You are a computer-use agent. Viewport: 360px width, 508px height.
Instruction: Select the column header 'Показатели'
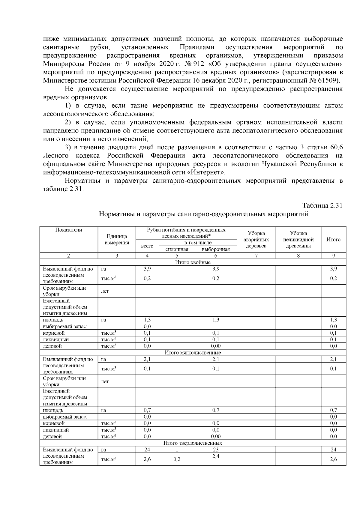pyautogui.click(x=69, y=230)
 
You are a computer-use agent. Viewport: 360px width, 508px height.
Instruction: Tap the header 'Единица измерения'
pyautogui.click(x=117, y=240)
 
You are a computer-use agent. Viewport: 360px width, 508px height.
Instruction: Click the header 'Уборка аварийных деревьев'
pyautogui.click(x=256, y=240)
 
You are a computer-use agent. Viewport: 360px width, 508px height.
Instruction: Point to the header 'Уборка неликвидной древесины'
pyautogui.click(x=298, y=240)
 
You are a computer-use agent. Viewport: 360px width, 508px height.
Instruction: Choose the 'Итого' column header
pyautogui.click(x=333, y=240)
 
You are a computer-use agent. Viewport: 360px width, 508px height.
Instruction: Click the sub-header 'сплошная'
pyautogui.click(x=177, y=249)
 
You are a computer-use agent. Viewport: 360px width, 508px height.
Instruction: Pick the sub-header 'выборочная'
pyautogui.click(x=216, y=249)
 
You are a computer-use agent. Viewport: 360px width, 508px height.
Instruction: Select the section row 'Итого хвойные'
pyautogui.click(x=193, y=262)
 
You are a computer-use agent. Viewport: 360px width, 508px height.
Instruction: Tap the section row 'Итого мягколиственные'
pyautogui.click(x=193, y=353)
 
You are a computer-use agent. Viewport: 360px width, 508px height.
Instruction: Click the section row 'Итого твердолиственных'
pyautogui.click(x=193, y=443)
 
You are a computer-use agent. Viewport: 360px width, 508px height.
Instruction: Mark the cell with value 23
pyautogui.click(x=216, y=450)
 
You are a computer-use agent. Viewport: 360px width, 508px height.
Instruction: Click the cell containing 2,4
pyautogui.click(x=216, y=456)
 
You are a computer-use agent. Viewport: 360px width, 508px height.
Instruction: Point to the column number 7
pyautogui.click(x=256, y=256)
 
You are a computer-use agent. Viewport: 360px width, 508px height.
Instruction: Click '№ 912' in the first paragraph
pyautogui.click(x=195, y=64)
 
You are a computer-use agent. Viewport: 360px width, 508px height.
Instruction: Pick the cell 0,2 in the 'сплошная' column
pyautogui.click(x=177, y=459)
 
